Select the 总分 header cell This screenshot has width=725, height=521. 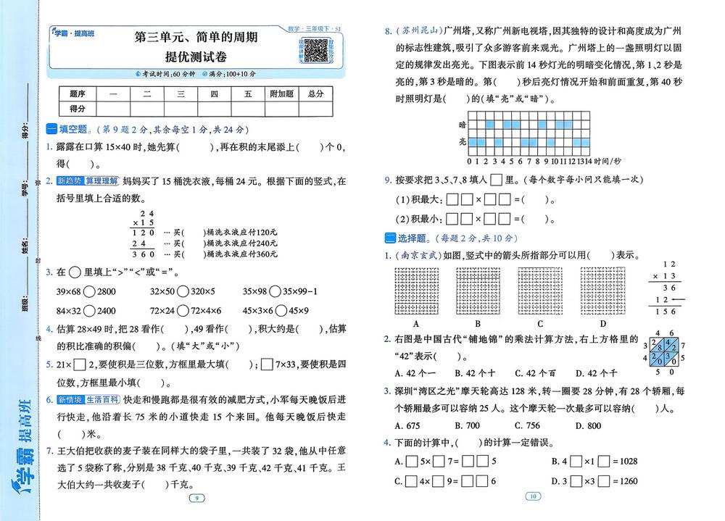[315, 94]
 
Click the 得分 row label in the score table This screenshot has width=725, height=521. [78, 108]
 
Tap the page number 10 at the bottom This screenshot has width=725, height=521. [534, 496]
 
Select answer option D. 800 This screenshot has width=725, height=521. [588, 425]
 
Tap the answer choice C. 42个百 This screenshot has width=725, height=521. [535, 373]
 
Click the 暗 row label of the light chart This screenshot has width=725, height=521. [462, 125]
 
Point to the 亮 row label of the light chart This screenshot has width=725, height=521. [462, 142]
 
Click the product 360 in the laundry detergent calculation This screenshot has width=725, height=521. [148, 254]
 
